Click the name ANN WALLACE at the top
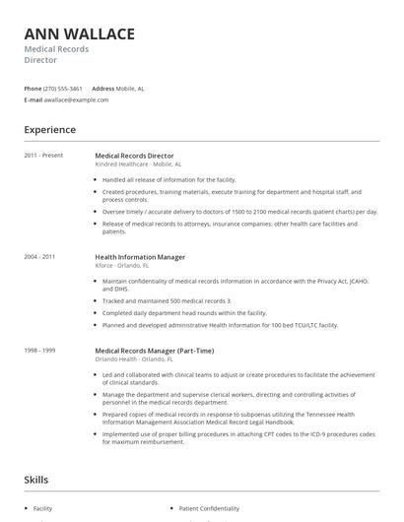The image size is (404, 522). (x=80, y=34)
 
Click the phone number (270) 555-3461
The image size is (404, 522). (x=64, y=88)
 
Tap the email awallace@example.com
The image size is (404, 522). (x=77, y=99)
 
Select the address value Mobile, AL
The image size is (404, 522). (x=130, y=88)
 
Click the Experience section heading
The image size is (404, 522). (x=50, y=129)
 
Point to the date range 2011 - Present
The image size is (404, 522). (x=44, y=156)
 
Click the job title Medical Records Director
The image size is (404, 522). (x=134, y=156)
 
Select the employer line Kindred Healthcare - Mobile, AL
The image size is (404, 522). (x=138, y=164)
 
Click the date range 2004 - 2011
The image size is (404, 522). (x=40, y=257)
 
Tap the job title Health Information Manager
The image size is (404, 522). (x=140, y=257)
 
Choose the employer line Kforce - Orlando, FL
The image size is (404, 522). (x=122, y=266)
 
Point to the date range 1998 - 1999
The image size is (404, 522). (x=40, y=351)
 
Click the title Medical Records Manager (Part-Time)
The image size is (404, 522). (x=154, y=351)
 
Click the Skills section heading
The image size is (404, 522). (x=36, y=480)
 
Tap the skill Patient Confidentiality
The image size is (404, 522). (x=210, y=509)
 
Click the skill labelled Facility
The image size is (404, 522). (x=42, y=509)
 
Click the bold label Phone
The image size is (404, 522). (x=34, y=88)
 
